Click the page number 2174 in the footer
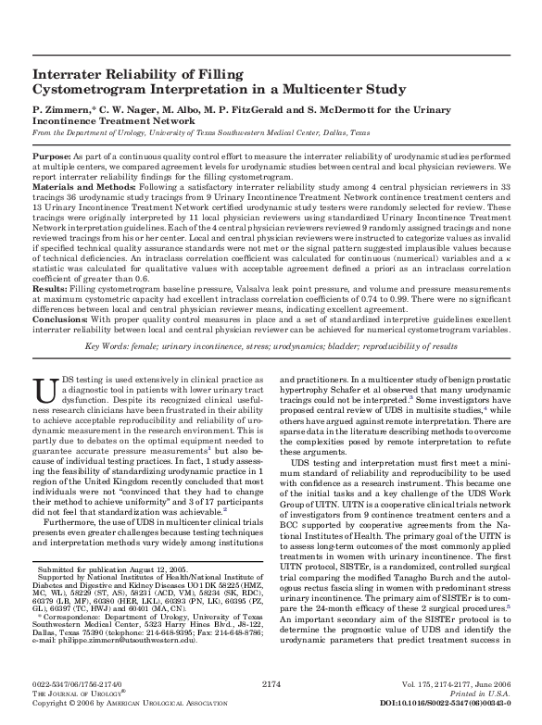click(x=271, y=682)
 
